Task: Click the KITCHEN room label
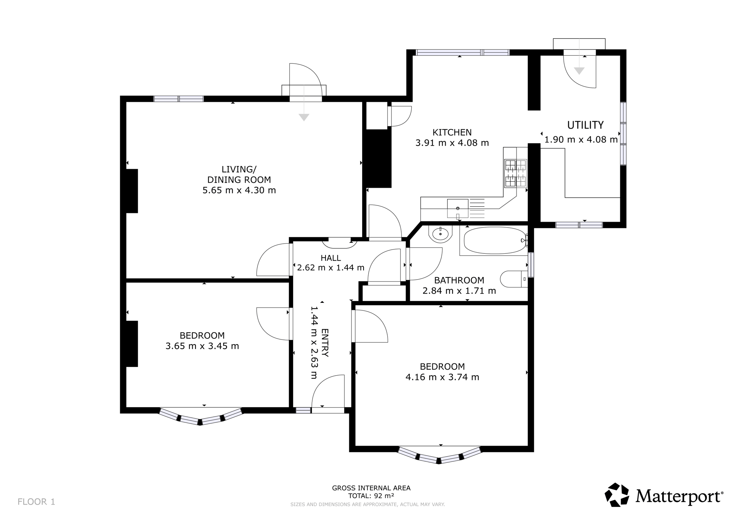(452, 133)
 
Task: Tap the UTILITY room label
(585, 125)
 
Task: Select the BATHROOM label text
(459, 280)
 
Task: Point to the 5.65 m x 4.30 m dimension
(239, 190)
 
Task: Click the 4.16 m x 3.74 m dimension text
(442, 377)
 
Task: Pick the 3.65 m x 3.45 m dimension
(202, 346)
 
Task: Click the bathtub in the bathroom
(495, 240)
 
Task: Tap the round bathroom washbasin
(440, 234)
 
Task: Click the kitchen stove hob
(516, 173)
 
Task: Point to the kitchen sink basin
(458, 208)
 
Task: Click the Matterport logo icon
(617, 495)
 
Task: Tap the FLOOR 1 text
(36, 502)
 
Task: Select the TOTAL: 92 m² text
(371, 496)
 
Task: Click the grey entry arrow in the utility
(579, 71)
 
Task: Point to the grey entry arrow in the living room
(304, 117)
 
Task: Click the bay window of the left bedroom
(201, 418)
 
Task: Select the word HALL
(331, 258)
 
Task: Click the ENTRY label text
(325, 343)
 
